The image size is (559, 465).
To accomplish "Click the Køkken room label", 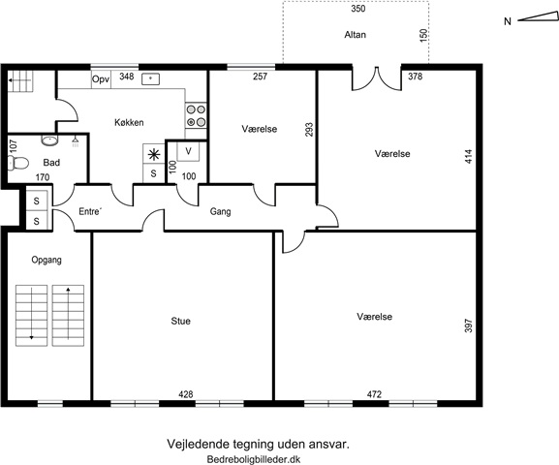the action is [x=129, y=122].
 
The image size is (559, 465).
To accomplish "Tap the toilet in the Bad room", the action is [x=17, y=164].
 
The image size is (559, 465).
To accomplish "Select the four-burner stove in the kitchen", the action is [x=196, y=115].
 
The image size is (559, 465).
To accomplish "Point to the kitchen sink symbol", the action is [x=150, y=78].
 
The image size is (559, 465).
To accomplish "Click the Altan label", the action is [x=356, y=35].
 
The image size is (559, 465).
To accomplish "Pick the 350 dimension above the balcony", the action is [x=358, y=9].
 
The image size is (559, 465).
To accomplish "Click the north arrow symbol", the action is [x=538, y=17].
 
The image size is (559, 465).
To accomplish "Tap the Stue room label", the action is [x=181, y=321].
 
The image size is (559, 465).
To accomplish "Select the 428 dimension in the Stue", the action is [x=186, y=394].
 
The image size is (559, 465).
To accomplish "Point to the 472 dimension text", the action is [x=374, y=394].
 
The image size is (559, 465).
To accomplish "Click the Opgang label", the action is [x=47, y=260].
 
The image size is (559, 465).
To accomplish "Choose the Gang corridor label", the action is [x=220, y=211].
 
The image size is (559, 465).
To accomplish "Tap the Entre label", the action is [x=90, y=211].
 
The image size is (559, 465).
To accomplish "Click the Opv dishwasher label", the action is [x=101, y=79].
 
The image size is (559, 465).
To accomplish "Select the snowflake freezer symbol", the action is [x=154, y=154].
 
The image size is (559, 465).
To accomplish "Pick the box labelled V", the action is [x=188, y=151].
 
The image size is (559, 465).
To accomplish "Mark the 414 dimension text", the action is [x=469, y=157].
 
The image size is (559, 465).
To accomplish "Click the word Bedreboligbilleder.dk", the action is [x=254, y=459].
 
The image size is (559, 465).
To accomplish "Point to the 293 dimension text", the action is [x=309, y=130].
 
